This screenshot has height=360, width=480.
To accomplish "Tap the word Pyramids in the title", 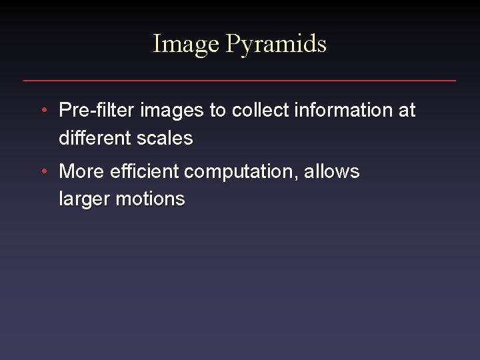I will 276,45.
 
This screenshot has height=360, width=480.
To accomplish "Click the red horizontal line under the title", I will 240,81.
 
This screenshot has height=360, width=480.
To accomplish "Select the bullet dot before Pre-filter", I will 43,110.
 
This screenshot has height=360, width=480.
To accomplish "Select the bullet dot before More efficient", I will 43,172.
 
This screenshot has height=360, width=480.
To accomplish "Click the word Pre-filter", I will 95,110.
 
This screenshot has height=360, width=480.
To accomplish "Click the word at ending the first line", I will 407,110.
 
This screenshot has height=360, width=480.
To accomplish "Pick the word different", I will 94,138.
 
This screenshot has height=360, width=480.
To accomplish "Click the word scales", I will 164,138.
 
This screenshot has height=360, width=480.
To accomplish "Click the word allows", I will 332,172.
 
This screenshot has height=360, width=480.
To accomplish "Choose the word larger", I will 84,199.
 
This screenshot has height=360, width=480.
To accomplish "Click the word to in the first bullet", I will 218,111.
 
